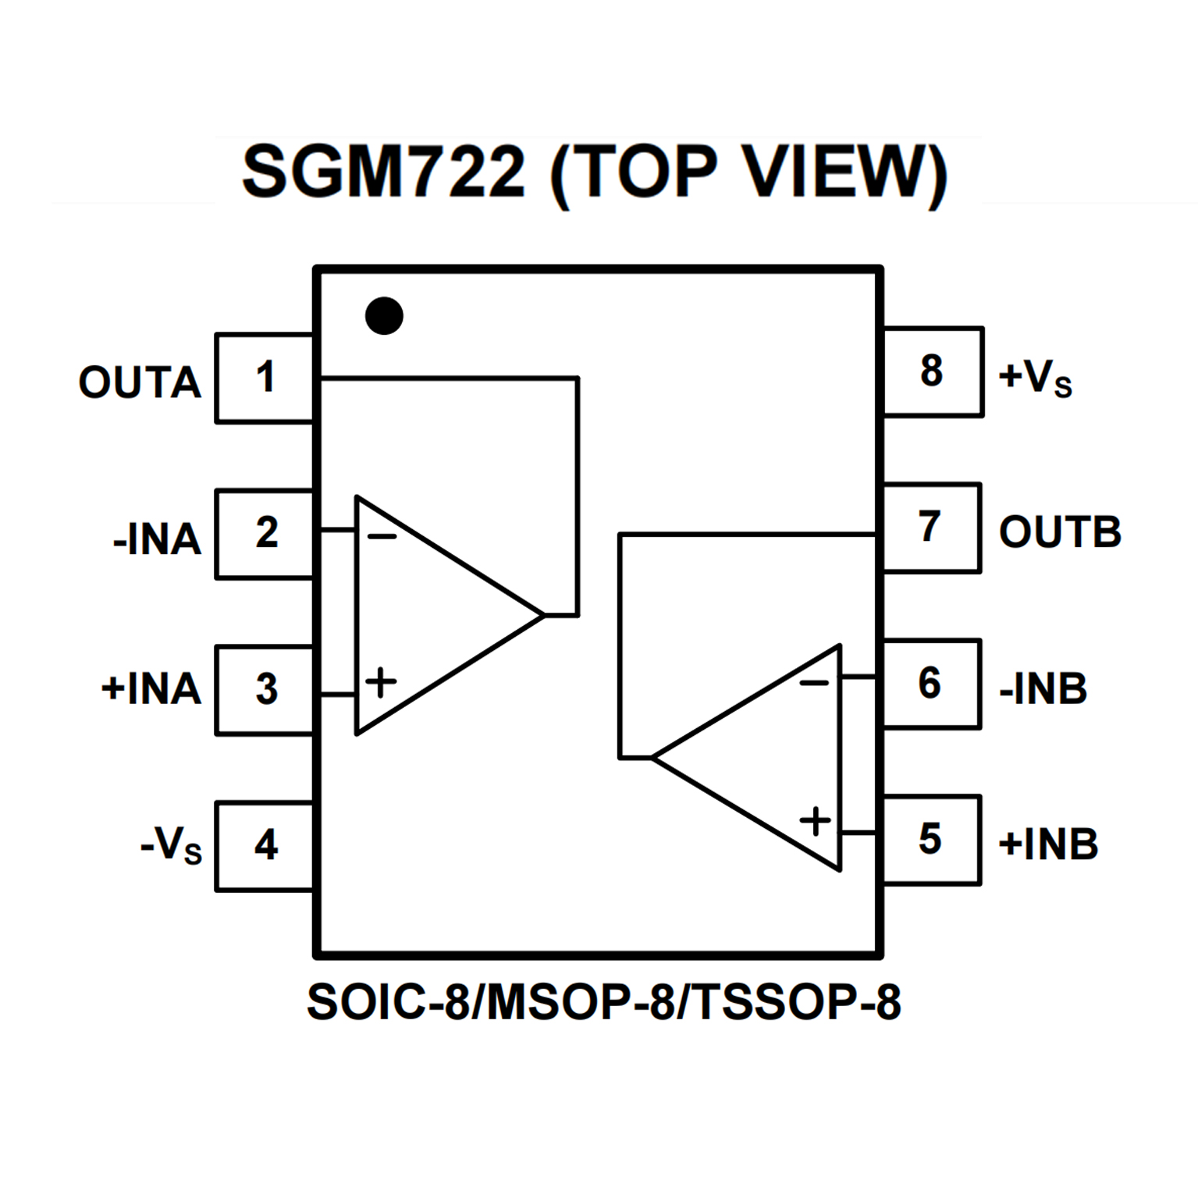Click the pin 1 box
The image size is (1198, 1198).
[x=265, y=378]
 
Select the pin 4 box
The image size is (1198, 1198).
[x=265, y=845]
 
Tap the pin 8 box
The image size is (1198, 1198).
[x=932, y=371]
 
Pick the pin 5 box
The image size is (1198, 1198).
[x=930, y=840]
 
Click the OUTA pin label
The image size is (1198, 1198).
[x=140, y=382]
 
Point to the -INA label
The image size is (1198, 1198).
[x=157, y=539]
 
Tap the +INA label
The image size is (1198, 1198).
[x=151, y=689]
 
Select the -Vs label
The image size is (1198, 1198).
[x=171, y=845]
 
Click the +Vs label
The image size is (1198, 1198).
[x=1035, y=378]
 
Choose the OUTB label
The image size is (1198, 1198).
[x=1060, y=532]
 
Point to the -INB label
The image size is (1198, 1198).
[x=1043, y=688]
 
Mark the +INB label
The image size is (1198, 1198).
[x=1048, y=844]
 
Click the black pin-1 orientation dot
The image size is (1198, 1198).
[x=384, y=316]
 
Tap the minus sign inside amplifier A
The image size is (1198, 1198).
[x=382, y=536]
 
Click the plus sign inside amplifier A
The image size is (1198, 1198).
[x=381, y=682]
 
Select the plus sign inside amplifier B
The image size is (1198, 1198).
[x=816, y=821]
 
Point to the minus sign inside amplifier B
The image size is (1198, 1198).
[x=814, y=684]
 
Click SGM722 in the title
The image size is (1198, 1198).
[x=384, y=172]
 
